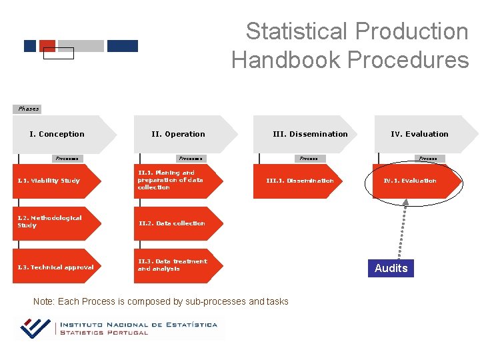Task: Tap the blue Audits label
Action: click(391, 268)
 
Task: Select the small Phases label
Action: click(28, 109)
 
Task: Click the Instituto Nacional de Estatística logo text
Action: click(138, 328)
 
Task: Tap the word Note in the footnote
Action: click(43, 301)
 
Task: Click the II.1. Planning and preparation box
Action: click(175, 180)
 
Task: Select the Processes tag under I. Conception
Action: click(67, 159)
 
